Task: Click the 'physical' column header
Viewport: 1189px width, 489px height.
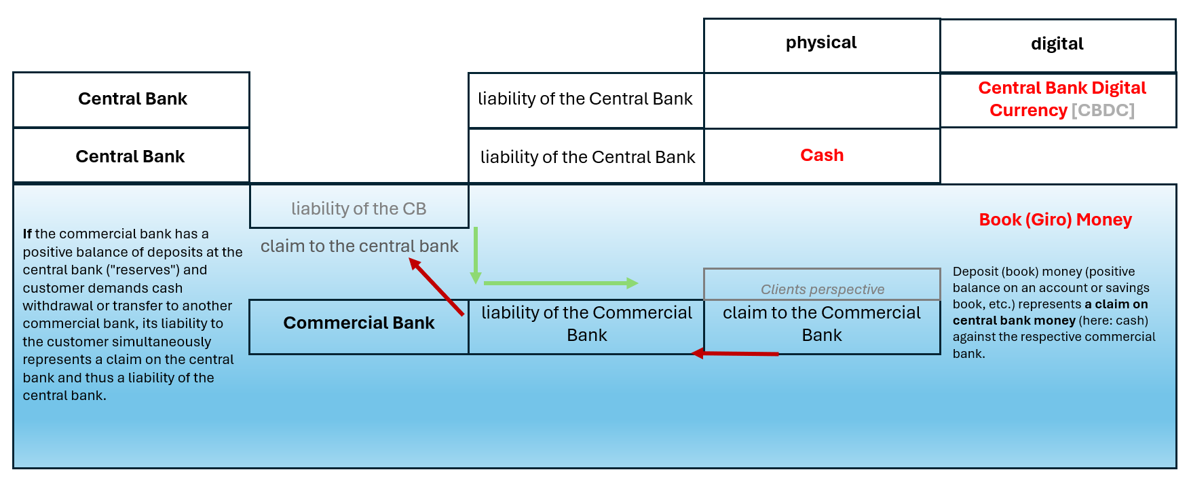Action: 821,43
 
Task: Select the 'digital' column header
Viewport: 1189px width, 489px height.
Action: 1057,45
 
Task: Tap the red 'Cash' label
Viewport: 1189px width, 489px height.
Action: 822,156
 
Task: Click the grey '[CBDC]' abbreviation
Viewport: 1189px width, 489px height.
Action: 1103,110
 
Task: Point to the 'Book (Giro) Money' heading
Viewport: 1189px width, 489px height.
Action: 1055,220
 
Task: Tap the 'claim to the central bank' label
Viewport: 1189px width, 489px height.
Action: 359,246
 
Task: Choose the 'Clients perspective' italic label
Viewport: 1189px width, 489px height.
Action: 823,289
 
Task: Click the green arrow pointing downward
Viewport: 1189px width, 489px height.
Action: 476,255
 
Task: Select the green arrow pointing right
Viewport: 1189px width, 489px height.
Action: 561,283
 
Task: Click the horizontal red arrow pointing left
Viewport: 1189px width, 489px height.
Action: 734,353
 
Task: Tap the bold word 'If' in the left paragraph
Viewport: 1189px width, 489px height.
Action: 27,234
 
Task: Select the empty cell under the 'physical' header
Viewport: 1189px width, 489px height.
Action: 822,101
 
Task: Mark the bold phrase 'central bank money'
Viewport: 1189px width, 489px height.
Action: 1014,321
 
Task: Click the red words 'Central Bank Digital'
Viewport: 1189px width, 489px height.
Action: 1062,88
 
